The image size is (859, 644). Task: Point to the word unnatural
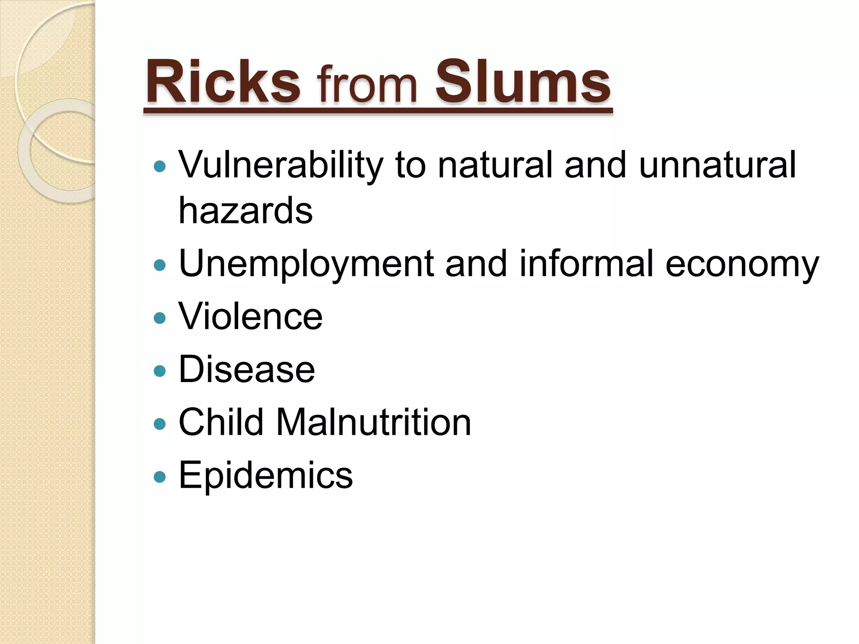click(x=717, y=165)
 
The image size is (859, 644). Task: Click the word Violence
click(x=250, y=317)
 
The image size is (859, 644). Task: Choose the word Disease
click(x=247, y=369)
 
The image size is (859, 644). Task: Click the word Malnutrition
click(x=373, y=422)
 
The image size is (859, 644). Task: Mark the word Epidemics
click(x=266, y=475)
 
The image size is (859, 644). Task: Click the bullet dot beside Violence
click(x=160, y=318)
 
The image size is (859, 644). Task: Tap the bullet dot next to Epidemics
click(x=160, y=477)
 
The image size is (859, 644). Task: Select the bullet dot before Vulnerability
click(x=160, y=167)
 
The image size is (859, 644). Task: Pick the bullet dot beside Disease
click(x=160, y=371)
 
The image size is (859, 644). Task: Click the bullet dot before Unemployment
click(x=160, y=265)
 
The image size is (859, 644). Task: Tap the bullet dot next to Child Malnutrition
click(x=160, y=424)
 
